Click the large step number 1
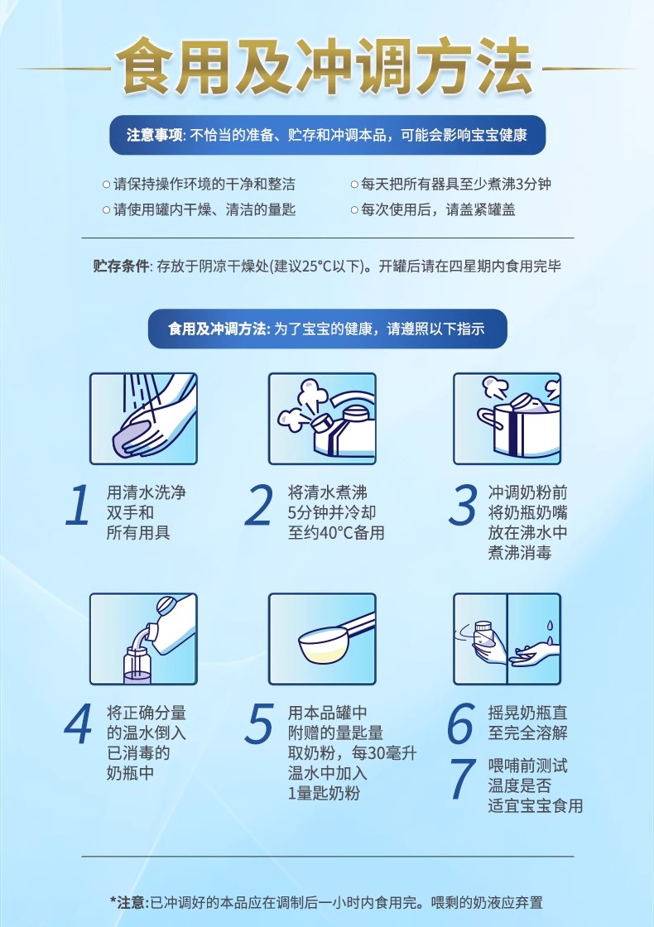coord(78,506)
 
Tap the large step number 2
coord(259,506)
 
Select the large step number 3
coord(463,506)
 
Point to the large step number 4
coord(78,723)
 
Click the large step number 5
coord(260,723)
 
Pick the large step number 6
coord(461,723)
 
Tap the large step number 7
coord(463,778)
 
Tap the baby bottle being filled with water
coord(137,666)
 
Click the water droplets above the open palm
coord(550,631)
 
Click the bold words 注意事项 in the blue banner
coord(154,136)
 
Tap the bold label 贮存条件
coord(121,266)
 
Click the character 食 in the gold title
coord(144,66)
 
